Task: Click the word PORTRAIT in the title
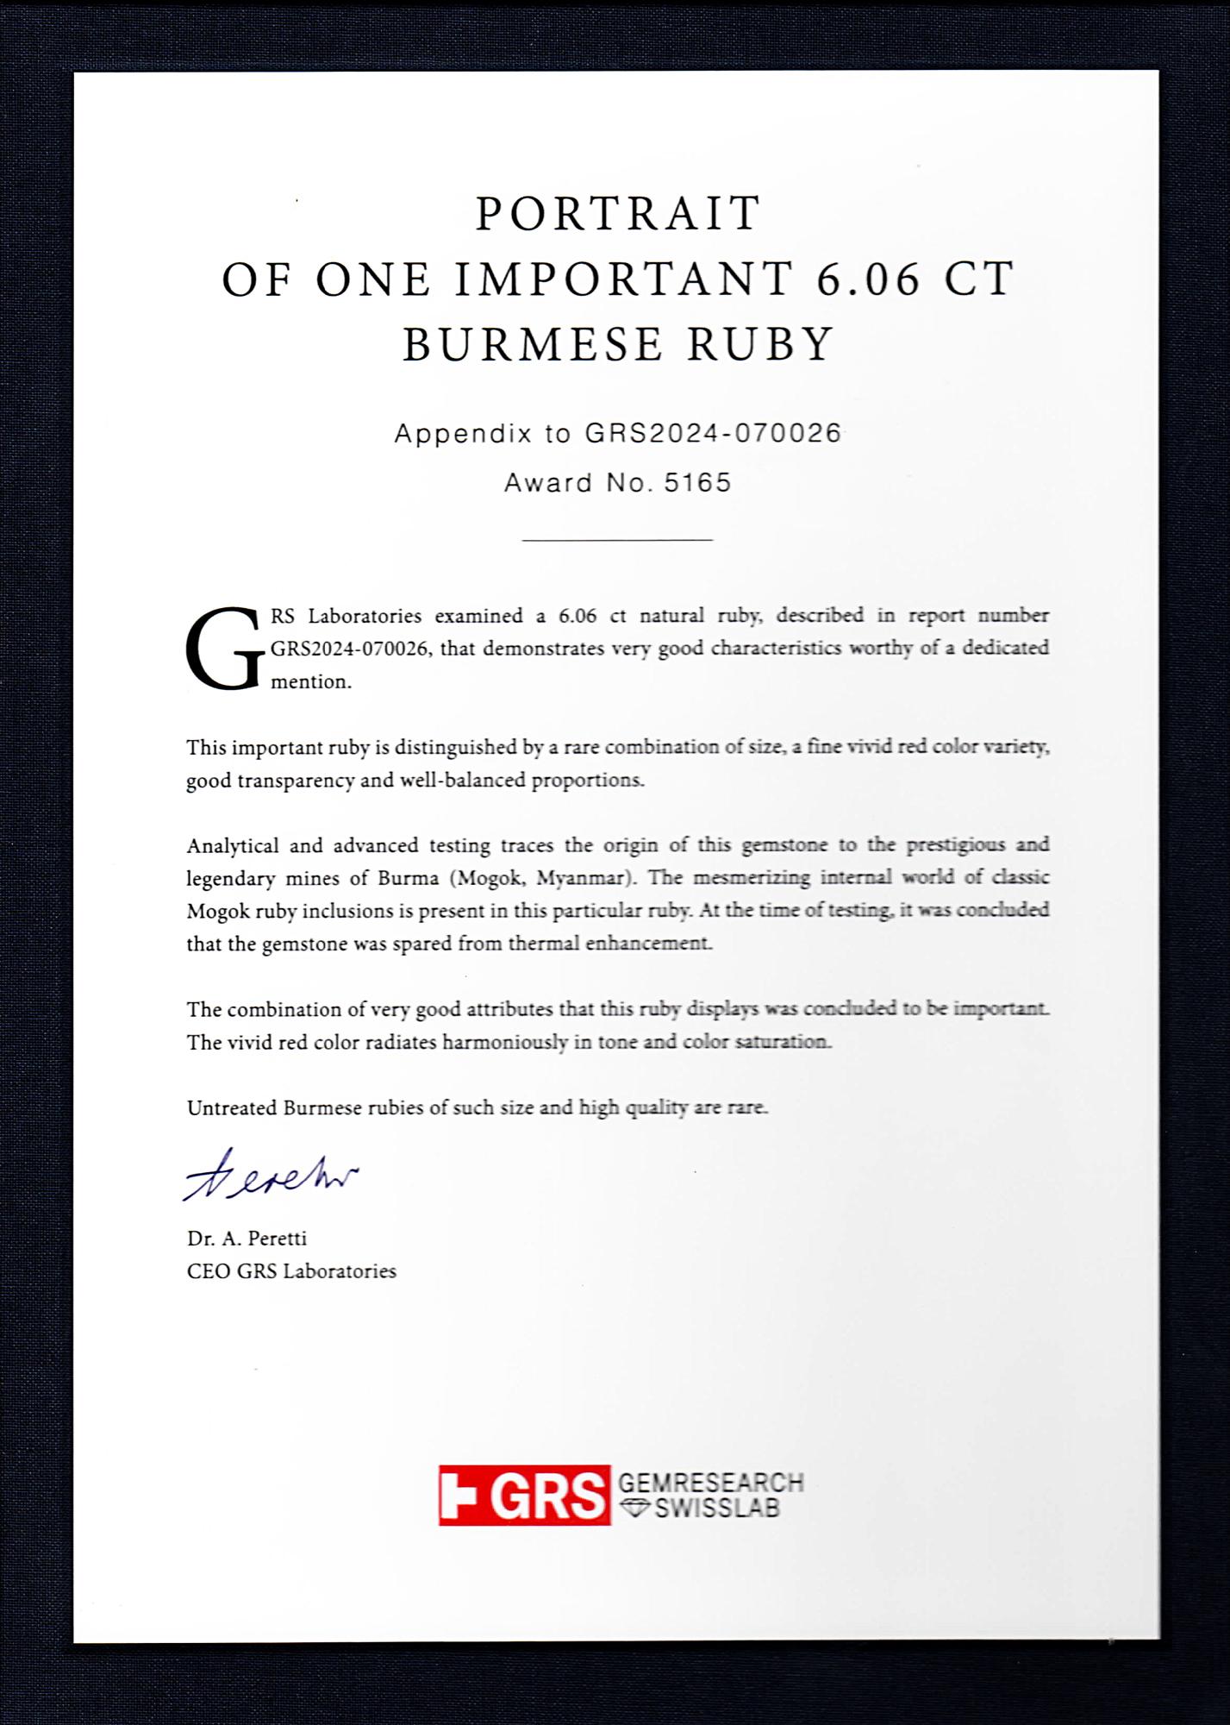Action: tap(618, 214)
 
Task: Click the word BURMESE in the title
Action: tap(533, 344)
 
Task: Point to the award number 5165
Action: tap(697, 482)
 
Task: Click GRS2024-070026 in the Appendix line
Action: tap(713, 433)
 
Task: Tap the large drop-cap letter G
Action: tap(223, 649)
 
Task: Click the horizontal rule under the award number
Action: tap(617, 540)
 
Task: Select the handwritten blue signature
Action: tap(270, 1175)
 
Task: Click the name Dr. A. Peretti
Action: tap(247, 1239)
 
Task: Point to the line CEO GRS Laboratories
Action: tap(291, 1271)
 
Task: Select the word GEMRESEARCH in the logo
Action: tap(710, 1483)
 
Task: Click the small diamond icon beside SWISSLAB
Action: tap(635, 1508)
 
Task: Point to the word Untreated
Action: tap(231, 1107)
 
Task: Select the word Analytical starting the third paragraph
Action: tap(232, 845)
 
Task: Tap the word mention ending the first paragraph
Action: tap(310, 681)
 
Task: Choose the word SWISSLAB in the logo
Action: tap(717, 1509)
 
